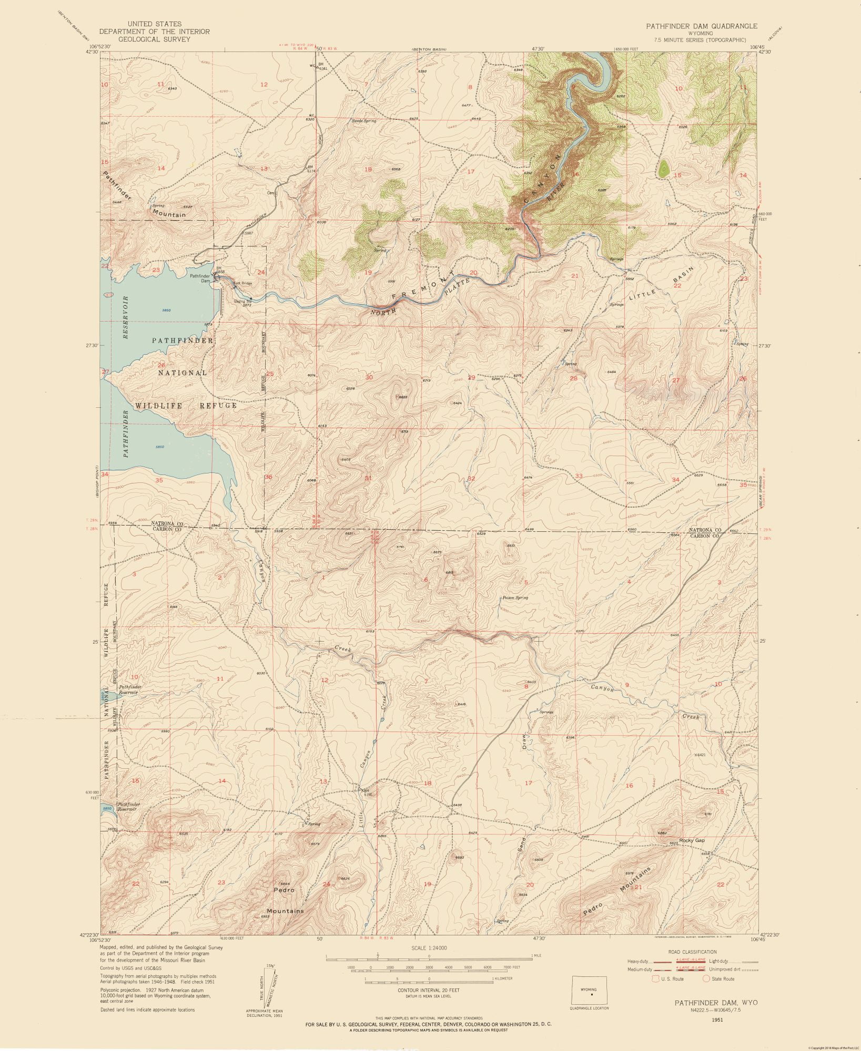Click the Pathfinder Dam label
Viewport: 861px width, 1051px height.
pyautogui.click(x=200, y=278)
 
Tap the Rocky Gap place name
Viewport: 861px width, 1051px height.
pyautogui.click(x=692, y=840)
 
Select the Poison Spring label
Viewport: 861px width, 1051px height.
pyautogui.click(x=515, y=597)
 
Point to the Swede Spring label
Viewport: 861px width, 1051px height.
pyautogui.click(x=364, y=121)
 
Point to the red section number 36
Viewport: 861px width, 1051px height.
pyautogui.click(x=268, y=477)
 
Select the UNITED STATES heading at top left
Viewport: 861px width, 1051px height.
pyautogui.click(x=154, y=24)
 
